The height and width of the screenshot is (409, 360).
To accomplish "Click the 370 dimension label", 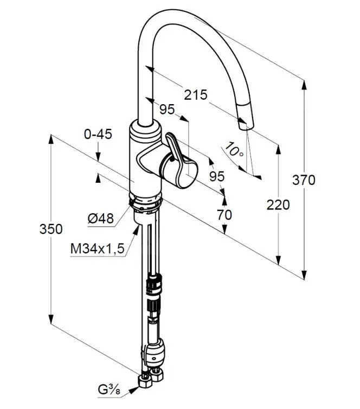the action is (304, 180).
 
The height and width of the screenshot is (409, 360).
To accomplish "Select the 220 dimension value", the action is (278, 204).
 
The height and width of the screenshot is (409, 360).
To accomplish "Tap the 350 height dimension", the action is (51, 229).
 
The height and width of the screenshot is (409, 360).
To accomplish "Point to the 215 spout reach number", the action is (196, 95).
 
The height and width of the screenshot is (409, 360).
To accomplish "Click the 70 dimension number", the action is (224, 215).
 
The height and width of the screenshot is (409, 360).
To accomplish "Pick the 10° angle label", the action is (234, 149).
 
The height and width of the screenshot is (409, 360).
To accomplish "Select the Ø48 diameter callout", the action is (101, 218).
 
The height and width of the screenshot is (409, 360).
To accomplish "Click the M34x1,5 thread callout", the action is (98, 248).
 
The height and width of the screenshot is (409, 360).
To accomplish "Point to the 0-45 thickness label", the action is (98, 134).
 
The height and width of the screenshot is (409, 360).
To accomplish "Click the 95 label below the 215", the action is (167, 109).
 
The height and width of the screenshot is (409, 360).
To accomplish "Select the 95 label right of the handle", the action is (217, 177).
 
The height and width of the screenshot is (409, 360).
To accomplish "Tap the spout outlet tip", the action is (246, 126).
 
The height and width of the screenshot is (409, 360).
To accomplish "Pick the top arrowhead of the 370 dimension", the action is (304, 85).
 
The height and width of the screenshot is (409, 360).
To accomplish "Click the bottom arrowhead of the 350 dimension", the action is (51, 319).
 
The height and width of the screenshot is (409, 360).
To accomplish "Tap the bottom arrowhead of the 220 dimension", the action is (279, 259).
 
